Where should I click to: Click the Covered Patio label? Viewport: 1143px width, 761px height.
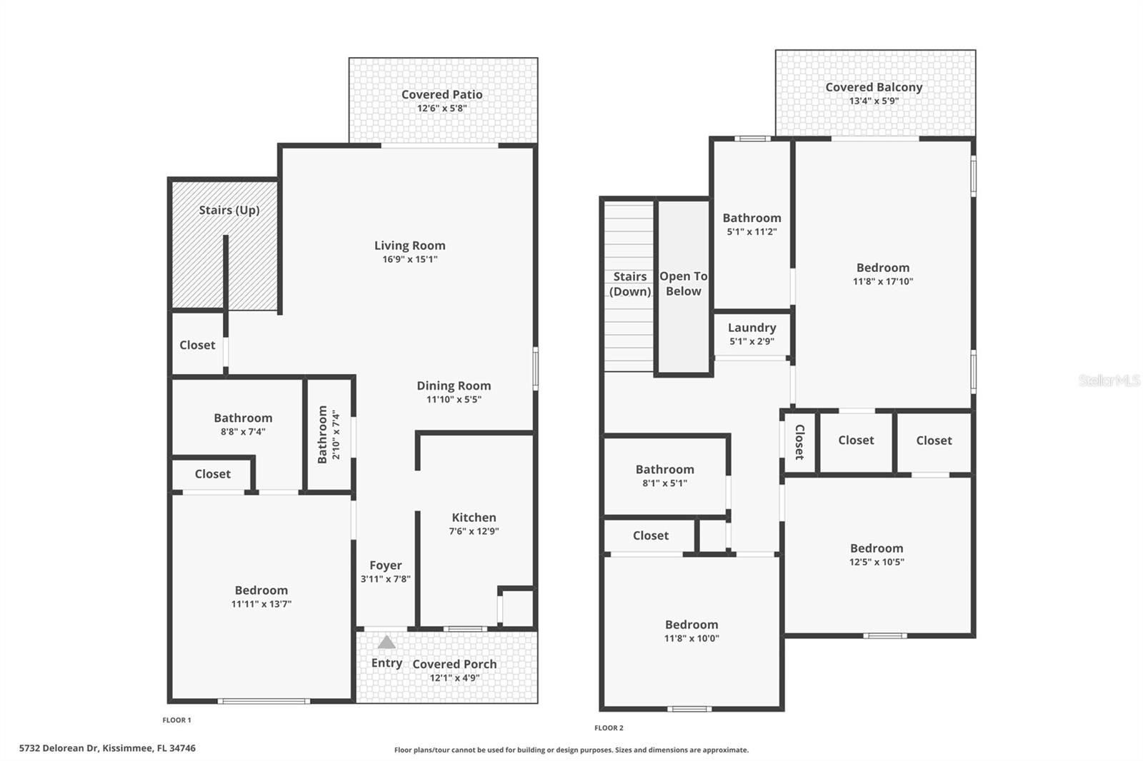point(441,94)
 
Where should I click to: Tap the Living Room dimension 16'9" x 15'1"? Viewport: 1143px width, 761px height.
point(410,259)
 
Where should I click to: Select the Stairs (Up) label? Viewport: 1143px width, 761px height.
point(229,210)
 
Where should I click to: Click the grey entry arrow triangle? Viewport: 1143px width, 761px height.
point(386,642)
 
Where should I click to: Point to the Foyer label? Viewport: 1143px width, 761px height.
point(386,565)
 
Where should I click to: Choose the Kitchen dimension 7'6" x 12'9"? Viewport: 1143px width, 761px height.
point(474,531)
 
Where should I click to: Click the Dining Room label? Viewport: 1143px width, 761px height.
point(454,385)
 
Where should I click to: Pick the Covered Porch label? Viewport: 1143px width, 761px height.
point(454,664)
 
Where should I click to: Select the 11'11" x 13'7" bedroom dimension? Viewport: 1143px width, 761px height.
point(261,604)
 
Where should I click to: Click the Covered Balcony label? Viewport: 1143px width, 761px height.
point(874,87)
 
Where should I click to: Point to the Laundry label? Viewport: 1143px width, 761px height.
point(752,328)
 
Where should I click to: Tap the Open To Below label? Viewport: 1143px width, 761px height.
point(684,283)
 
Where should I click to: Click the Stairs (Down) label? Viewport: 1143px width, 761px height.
point(629,283)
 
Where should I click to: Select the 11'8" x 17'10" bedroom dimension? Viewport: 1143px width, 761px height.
point(883,281)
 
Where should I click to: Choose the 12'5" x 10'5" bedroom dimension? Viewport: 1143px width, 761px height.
point(877,562)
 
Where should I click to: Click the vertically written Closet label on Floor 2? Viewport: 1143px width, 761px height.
point(799,441)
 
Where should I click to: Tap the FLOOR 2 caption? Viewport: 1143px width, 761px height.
point(609,728)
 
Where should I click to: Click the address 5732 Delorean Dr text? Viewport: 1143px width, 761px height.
point(107,748)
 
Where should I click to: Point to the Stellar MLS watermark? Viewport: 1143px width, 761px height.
point(1109,380)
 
